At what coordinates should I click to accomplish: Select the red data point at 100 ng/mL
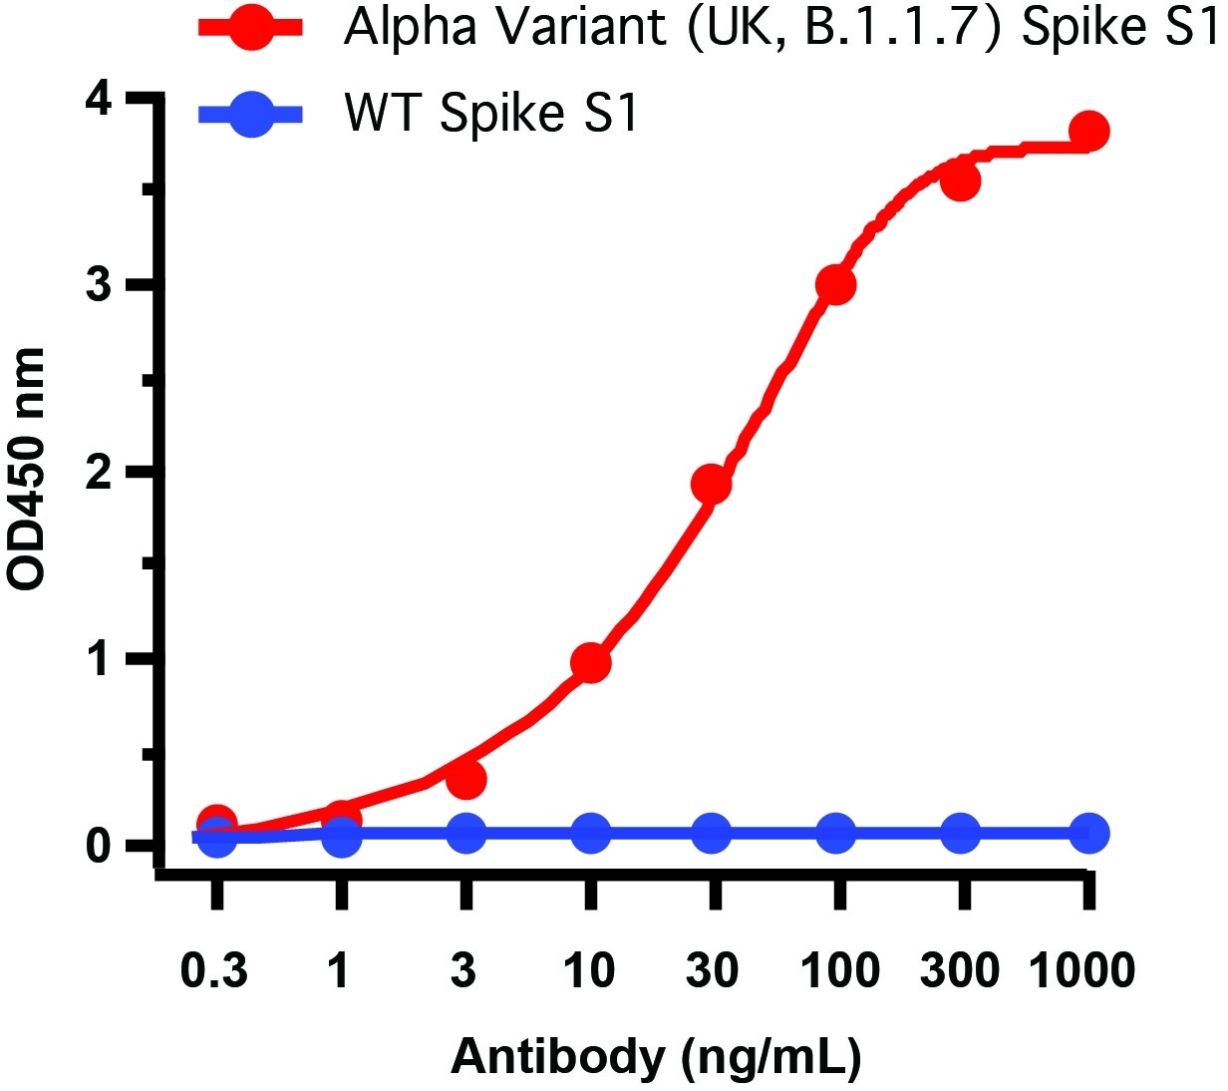835,285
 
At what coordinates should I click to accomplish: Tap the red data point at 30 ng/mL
711,485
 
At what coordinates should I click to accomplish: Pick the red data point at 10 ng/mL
590,663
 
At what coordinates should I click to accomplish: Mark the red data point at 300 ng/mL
960,182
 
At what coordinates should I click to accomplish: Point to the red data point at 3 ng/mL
465,779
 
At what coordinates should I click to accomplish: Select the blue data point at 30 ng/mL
711,833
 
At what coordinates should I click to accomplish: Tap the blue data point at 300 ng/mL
960,833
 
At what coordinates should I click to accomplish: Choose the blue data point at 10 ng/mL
590,833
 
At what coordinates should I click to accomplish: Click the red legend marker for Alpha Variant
251,30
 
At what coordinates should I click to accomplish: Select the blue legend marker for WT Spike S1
251,115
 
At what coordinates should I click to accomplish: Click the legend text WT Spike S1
490,114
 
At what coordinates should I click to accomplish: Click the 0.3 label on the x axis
214,969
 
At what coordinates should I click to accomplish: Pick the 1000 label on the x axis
1081,969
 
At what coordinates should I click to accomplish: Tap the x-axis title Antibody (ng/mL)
655,1055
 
